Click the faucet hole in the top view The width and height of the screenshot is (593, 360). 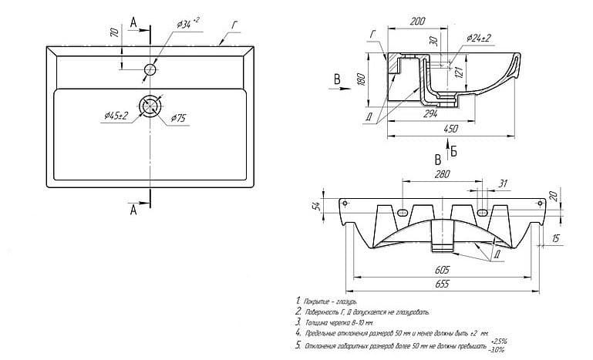150,70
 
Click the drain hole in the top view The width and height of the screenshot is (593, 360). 150,105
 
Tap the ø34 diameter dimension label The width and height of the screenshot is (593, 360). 188,25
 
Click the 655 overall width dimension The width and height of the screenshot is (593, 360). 442,285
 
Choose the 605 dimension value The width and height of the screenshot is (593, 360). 442,270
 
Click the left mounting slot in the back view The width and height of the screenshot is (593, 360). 403,212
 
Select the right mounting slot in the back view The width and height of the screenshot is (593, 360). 481,212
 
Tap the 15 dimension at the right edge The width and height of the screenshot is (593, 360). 556,240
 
